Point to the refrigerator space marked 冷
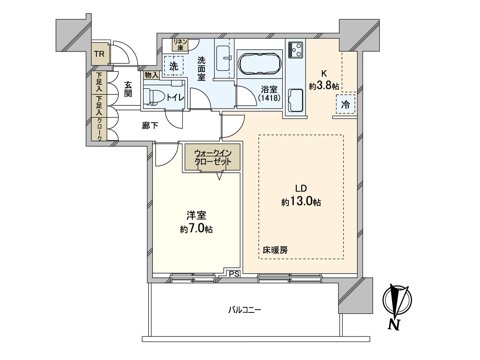pos(345,104)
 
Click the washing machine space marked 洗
pos(174,66)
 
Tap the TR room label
pos(100,54)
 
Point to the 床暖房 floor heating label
pos(275,250)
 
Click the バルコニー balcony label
pos(244,310)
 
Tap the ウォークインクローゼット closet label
pos(213,157)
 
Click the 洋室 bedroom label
pos(196,215)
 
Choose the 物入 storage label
pos(151,75)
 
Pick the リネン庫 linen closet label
pos(180,45)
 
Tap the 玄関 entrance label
pos(128,89)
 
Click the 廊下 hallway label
pos(150,126)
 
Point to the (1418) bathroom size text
pos(269,98)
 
